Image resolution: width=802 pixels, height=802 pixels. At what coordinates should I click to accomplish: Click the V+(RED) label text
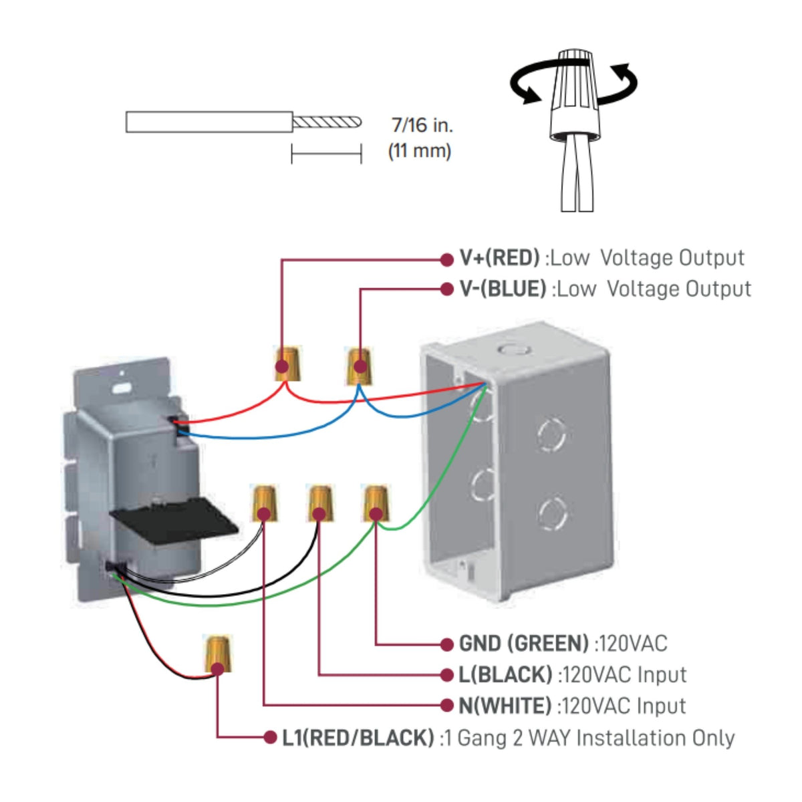(x=499, y=258)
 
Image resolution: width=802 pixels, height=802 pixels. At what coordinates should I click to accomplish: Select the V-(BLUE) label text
(x=503, y=289)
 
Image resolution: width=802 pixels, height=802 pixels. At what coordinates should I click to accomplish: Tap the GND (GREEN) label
(x=523, y=644)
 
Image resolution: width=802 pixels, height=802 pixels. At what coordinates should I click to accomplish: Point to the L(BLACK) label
(x=505, y=674)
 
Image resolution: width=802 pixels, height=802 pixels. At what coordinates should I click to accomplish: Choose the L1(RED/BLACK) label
(x=358, y=738)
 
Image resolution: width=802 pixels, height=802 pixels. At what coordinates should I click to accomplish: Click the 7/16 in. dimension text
(x=422, y=125)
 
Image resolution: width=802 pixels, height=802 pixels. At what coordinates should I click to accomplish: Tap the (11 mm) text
(x=420, y=150)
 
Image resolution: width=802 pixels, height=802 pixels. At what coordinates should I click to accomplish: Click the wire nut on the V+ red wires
(x=287, y=363)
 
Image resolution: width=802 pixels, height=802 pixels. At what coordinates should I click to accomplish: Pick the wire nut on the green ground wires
(x=376, y=503)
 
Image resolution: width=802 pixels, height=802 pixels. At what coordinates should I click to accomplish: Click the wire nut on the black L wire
(x=319, y=503)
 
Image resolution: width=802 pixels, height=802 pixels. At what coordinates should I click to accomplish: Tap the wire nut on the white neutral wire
(x=264, y=503)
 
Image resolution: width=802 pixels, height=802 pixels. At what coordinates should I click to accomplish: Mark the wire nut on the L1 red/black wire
(x=218, y=653)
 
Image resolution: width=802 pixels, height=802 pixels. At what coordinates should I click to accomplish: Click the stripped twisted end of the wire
(x=327, y=122)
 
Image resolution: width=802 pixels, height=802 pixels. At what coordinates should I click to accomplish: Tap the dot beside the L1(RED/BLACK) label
(x=271, y=737)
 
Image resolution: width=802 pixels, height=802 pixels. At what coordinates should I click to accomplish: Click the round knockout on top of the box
(x=515, y=349)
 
